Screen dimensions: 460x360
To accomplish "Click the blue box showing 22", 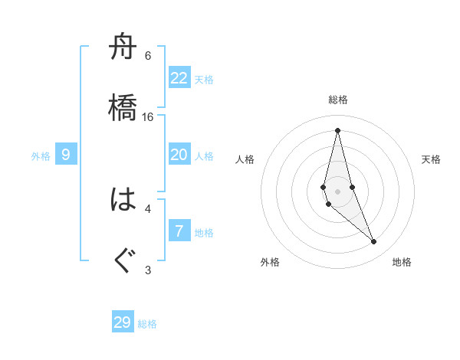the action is (x=179, y=78).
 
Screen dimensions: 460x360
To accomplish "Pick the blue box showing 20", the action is (x=179, y=155).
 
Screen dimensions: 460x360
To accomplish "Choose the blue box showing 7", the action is (x=179, y=231).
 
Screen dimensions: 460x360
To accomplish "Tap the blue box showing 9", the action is (x=66, y=155).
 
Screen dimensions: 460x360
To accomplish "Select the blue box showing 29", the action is (x=123, y=322).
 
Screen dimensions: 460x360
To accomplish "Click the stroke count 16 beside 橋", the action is (x=148, y=117).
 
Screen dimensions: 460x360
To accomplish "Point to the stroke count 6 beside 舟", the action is (x=148, y=56).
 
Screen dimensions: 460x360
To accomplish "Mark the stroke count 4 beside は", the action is (x=148, y=208).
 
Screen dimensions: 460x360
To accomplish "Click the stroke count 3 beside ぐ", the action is (x=148, y=270).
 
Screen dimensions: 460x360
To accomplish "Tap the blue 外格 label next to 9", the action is (x=41, y=156).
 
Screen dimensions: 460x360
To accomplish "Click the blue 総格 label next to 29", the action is (x=147, y=324).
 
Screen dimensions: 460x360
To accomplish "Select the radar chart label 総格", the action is (x=338, y=100).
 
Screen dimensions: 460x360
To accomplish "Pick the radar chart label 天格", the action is (x=432, y=159).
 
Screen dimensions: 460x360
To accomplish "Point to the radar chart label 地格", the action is (x=402, y=263).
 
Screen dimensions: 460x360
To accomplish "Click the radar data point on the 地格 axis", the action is (x=374, y=242).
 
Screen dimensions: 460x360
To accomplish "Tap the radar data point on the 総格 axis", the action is (x=337, y=129).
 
